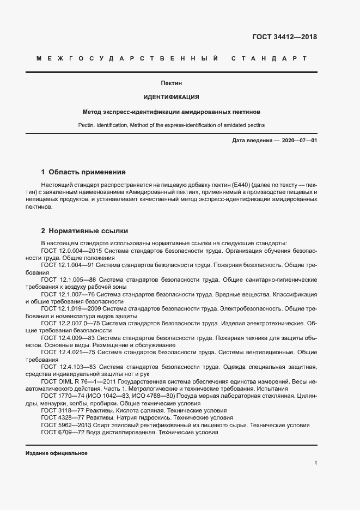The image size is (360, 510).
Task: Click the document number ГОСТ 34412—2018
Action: tap(284, 38)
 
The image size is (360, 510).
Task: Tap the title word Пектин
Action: tap(171, 83)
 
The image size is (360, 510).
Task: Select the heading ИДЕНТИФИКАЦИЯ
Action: tap(171, 98)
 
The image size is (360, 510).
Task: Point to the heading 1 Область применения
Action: tap(83, 172)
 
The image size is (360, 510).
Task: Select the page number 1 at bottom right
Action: tap(315, 463)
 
